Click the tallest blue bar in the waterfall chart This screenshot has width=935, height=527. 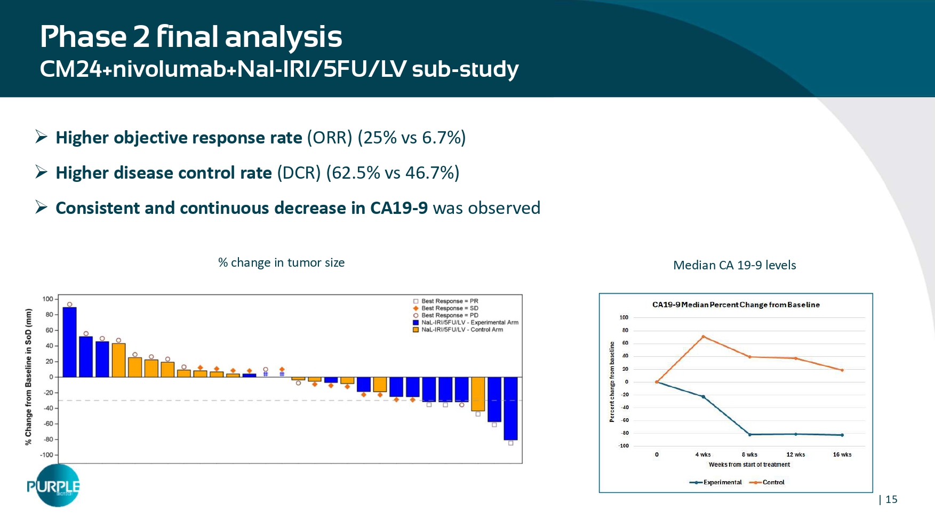pyautogui.click(x=69, y=342)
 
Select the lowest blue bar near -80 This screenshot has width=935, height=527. pyautogui.click(x=510, y=408)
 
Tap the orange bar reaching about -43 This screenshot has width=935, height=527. pyautogui.click(x=478, y=394)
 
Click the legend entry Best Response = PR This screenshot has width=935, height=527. pyautogui.click(x=449, y=301)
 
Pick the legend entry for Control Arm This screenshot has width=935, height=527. pyautogui.click(x=461, y=330)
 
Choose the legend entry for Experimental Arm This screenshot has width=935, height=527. pyautogui.click(x=469, y=323)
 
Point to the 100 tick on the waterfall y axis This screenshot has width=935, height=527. pyautogui.click(x=47, y=299)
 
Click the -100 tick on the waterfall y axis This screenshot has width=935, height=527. pyautogui.click(x=46, y=455)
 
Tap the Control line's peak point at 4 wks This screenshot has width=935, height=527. pyautogui.click(x=704, y=337)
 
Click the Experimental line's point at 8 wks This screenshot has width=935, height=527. pyautogui.click(x=749, y=435)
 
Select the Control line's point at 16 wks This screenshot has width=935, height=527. pyautogui.click(x=842, y=370)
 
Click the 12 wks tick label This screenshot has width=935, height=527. pyautogui.click(x=795, y=455)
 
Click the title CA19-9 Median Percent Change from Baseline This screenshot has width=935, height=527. pyautogui.click(x=736, y=305)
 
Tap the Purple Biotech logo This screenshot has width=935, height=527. pyautogui.click(x=54, y=485)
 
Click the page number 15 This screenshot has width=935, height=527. pyautogui.click(x=891, y=499)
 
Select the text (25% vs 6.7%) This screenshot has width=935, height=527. pyautogui.click(x=411, y=138)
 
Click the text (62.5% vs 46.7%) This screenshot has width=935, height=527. pyautogui.click(x=392, y=173)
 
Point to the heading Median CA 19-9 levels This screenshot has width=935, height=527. pyautogui.click(x=734, y=265)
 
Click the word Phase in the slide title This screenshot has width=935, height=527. pyautogui.click(x=83, y=37)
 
